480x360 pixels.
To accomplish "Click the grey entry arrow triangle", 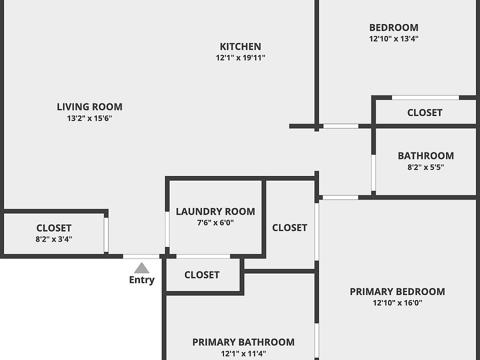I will (141, 268).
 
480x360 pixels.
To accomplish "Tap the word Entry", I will (141, 280).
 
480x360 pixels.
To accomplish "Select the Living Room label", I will (89, 106).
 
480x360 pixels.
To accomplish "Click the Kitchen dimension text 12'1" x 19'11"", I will (240, 57).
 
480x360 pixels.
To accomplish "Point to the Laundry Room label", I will (215, 211).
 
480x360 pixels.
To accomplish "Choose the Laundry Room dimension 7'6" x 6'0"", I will (215, 222).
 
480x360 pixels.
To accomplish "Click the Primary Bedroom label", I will (397, 291).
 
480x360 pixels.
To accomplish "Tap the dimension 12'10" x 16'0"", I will (397, 302).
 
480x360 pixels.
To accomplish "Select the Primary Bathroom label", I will (243, 342).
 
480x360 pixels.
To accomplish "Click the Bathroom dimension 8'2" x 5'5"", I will (425, 167).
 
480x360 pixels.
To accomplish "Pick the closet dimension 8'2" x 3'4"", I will (54, 239).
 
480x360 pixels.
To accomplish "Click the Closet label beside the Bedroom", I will (424, 112).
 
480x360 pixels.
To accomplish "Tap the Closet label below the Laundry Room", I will (201, 275).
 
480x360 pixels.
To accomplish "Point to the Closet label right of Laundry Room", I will (289, 227).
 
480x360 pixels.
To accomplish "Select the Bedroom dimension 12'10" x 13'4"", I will (393, 38).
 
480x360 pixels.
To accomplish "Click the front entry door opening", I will (141, 256).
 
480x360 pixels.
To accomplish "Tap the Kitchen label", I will (240, 46).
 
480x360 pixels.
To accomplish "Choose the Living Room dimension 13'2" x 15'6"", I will (89, 118).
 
